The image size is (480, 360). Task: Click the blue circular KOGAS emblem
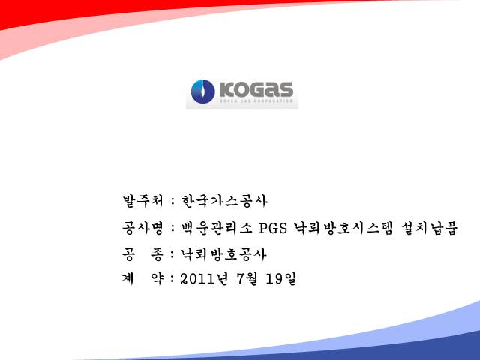pyautogui.click(x=202, y=91)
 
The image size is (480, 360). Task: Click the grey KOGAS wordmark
pyautogui.click(x=256, y=89)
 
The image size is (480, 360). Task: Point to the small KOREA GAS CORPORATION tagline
pyautogui.click(x=256, y=100)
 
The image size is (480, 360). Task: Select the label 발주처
pyautogui.click(x=143, y=201)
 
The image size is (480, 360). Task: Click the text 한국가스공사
pyautogui.click(x=224, y=201)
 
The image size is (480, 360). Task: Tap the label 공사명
pyautogui.click(x=143, y=228)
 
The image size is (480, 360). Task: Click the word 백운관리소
pyautogui.click(x=217, y=228)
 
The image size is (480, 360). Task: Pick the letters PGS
pyautogui.click(x=273, y=228)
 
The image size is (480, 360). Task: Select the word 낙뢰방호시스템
pyautogui.click(x=343, y=228)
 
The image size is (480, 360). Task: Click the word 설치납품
pyautogui.click(x=429, y=228)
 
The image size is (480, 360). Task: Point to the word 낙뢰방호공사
pyautogui.click(x=223, y=254)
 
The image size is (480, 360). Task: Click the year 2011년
pyautogui.click(x=204, y=279)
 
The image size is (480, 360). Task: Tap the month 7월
pyautogui.click(x=247, y=279)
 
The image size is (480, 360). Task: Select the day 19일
pyautogui.click(x=281, y=279)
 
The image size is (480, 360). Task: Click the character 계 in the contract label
pyautogui.click(x=129, y=279)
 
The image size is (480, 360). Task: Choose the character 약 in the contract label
pyautogui.click(x=157, y=279)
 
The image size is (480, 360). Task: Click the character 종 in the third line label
pyautogui.click(x=157, y=254)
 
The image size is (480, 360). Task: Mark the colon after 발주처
pyautogui.click(x=173, y=202)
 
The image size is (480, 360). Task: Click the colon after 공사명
pyautogui.click(x=173, y=228)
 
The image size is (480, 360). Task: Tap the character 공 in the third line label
pyautogui.click(x=129, y=254)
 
